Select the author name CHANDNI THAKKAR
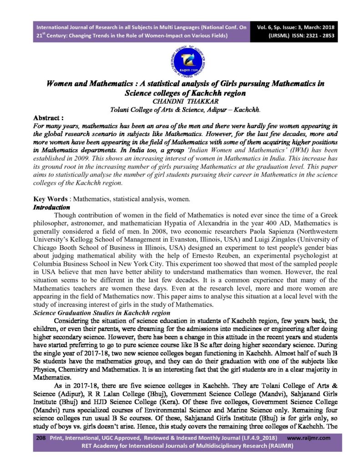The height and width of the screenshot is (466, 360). (180, 101)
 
